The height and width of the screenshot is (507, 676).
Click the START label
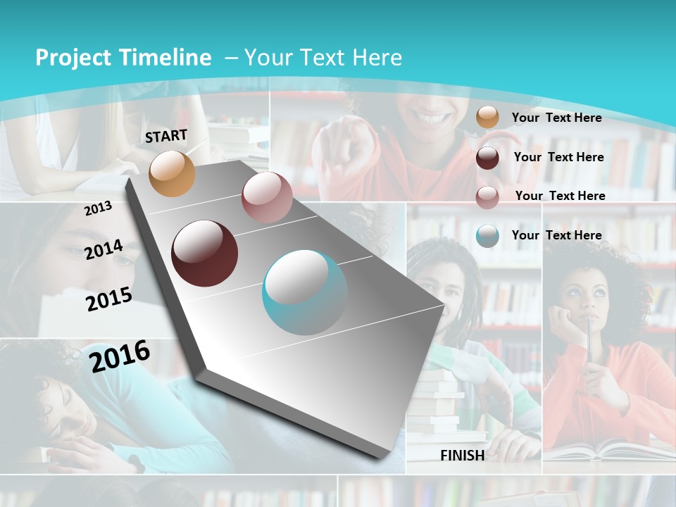pos(166,135)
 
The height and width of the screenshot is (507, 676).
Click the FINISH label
pos(463,456)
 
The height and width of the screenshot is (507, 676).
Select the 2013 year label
pos(98,208)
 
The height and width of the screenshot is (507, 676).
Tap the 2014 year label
pos(104,249)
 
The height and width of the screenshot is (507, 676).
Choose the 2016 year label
pos(120,356)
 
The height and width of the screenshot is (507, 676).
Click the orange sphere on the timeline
pos(172,173)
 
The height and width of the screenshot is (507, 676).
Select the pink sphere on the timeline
pos(267,197)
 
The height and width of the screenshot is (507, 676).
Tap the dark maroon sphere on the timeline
pos(204,254)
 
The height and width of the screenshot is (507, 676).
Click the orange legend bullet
pos(487,118)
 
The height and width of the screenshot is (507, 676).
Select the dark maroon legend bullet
pos(487,158)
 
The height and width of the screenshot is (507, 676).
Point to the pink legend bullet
pos(487,197)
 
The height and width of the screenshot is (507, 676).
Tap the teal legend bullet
pos(487,236)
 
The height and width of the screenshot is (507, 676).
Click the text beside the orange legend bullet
pos(556,118)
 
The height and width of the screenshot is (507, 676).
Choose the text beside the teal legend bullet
pos(556,235)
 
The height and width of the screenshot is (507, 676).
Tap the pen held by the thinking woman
pos(589,345)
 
